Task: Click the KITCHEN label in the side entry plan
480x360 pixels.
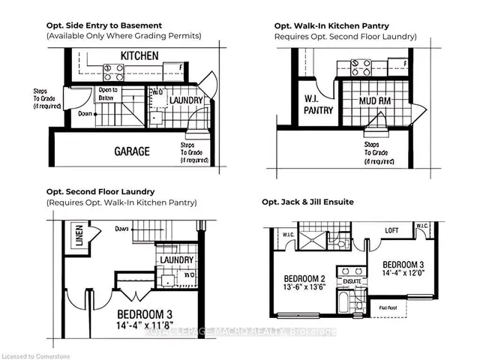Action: [139, 55]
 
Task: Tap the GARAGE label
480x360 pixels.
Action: [132, 151]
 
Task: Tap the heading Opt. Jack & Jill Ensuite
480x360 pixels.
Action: [307, 202]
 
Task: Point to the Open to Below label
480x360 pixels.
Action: [109, 94]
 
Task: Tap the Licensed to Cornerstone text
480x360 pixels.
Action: [34, 351]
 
